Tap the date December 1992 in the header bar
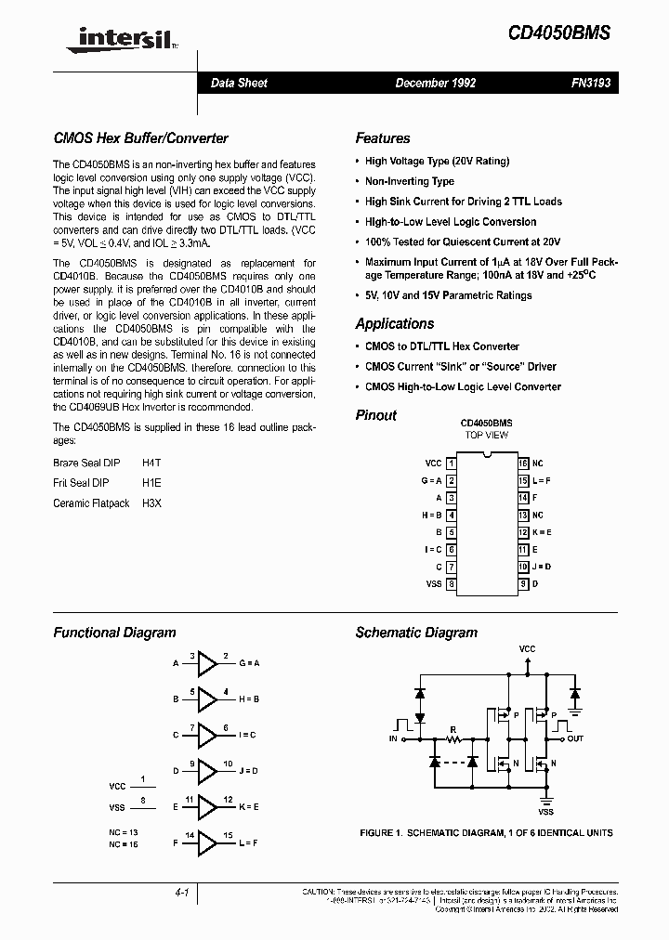435,84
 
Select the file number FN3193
590,84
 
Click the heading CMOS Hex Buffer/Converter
140,138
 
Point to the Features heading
382,138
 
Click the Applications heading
394,324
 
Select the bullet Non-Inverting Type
409,181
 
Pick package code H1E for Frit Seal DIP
151,483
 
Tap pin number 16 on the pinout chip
523,463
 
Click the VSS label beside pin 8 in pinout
433,584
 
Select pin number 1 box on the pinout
451,463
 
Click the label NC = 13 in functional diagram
124,832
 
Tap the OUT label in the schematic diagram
576,738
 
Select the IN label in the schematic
393,738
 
